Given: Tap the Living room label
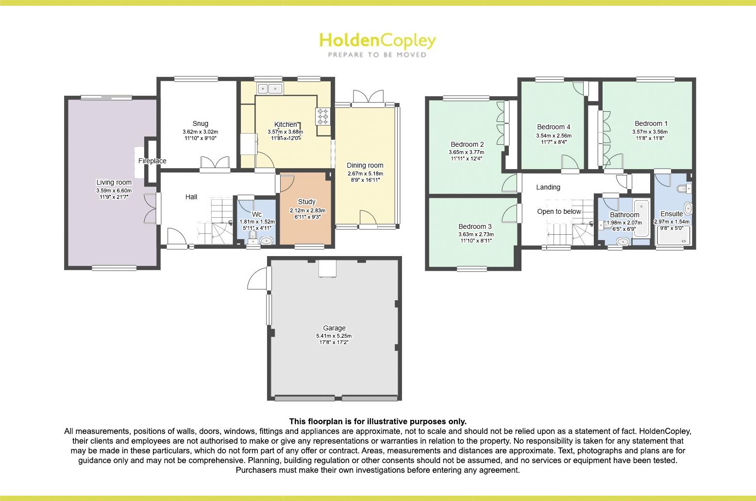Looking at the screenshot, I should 114,182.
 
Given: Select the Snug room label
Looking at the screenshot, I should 200,123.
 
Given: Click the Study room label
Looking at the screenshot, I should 306,202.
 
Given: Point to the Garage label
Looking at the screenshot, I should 334,328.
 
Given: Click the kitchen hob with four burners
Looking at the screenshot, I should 323,117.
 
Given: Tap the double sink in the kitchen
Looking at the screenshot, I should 270,88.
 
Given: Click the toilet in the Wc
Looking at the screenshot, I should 252,237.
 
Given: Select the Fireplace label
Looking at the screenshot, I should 152,161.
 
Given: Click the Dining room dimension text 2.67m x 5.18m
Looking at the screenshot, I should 365,173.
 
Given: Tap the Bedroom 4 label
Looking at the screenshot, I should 554,127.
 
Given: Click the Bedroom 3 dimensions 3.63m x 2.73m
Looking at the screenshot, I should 475,234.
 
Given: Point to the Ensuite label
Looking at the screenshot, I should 672,214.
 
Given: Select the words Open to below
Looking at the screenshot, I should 559,211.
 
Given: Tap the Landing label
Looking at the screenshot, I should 548,187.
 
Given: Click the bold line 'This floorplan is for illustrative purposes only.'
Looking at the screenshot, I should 377,421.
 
